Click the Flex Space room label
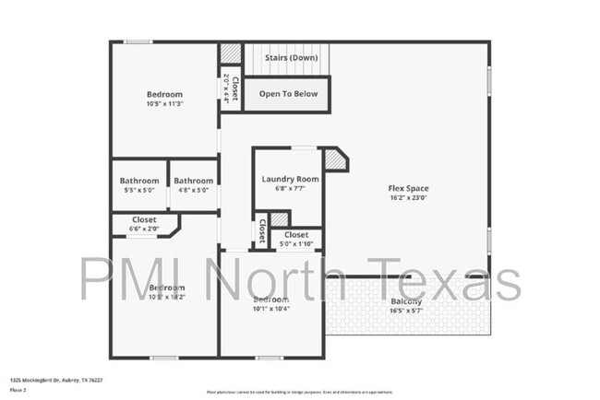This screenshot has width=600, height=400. (408, 188)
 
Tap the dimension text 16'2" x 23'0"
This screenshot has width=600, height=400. (408, 198)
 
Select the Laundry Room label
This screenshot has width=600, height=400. (290, 179)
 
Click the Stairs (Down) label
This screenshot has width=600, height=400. (291, 58)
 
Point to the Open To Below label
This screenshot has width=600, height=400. (288, 94)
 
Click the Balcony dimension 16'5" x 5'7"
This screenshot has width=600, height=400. (406, 312)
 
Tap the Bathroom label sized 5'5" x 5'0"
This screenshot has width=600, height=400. (139, 181)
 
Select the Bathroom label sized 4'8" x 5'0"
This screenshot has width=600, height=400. (194, 181)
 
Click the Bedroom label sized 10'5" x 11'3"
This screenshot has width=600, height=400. (164, 94)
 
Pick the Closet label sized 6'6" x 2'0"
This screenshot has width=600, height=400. (144, 220)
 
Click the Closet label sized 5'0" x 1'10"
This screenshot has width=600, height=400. (296, 235)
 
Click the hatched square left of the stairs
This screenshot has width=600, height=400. (230, 53)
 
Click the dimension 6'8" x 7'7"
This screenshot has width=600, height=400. (290, 189)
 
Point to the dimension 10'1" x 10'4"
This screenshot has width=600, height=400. (272, 310)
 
